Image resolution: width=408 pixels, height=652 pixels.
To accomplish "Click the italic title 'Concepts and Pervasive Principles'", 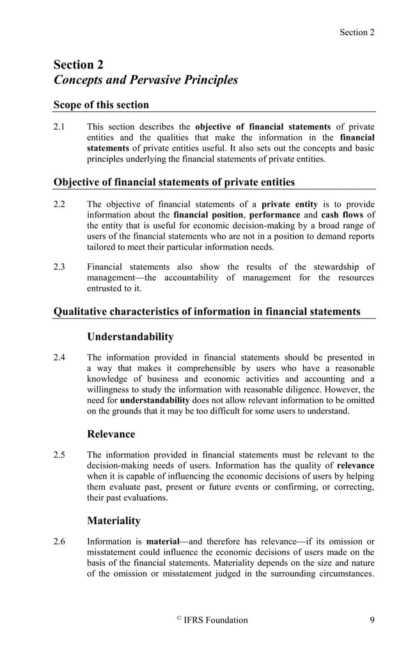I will tap(146, 80).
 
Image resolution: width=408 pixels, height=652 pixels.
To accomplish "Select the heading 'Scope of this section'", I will tap(101, 105).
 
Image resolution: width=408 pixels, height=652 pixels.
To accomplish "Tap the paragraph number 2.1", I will tap(61, 127).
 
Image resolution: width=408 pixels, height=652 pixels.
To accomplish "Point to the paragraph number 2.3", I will tap(61, 267).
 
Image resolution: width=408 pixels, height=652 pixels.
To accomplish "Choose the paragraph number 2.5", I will tap(61, 454).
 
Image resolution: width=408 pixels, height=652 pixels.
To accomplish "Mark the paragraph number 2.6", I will tap(61, 541).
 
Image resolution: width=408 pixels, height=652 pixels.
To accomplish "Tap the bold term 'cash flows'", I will tap(343, 215).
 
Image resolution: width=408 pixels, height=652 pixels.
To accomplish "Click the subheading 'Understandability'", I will tap(130, 336).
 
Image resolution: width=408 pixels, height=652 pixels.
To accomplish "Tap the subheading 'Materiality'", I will tap(113, 521).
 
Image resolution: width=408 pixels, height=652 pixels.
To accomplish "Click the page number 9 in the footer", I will tap(372, 620).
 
